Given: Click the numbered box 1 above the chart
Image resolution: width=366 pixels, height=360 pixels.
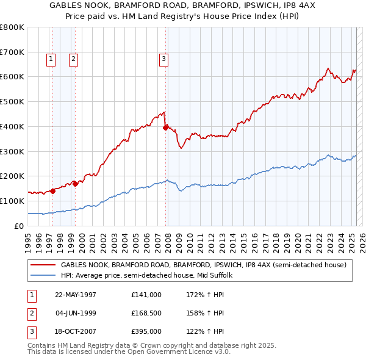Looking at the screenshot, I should (50, 59).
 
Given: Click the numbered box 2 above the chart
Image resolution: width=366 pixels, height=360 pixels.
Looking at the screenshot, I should (73, 59).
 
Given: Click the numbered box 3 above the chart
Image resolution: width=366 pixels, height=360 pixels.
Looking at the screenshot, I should (164, 59).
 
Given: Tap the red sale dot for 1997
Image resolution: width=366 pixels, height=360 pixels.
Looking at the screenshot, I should (52, 190).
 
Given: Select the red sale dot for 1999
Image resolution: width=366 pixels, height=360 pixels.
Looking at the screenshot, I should (75, 183).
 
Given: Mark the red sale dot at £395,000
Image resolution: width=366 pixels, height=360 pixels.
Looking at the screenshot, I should (165, 128).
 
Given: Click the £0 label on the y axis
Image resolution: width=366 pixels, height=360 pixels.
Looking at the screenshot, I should (18, 226).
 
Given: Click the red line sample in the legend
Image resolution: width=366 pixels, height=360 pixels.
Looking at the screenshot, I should (43, 265).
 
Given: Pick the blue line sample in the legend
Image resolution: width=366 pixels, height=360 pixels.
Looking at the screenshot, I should (43, 275).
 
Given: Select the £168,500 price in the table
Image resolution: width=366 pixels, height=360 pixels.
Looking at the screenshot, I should (146, 314).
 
